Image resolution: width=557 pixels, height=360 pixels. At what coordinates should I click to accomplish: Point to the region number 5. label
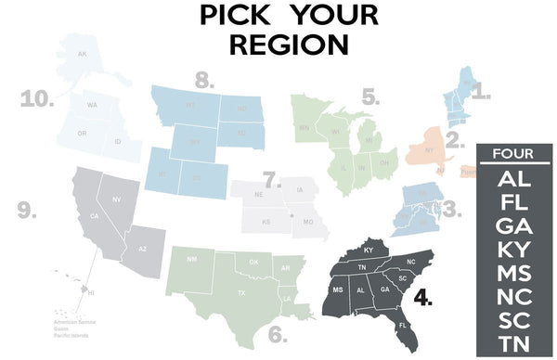(370, 96)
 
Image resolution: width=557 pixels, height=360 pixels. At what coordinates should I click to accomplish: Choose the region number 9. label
(28, 211)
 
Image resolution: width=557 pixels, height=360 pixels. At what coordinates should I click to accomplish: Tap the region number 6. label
(277, 331)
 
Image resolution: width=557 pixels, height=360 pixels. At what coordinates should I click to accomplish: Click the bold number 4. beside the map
(424, 300)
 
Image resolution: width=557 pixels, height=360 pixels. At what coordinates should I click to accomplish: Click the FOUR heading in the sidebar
(513, 154)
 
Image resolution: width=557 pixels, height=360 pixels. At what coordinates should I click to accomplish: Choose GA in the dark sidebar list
(513, 225)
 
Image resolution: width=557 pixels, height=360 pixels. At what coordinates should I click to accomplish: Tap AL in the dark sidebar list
(513, 177)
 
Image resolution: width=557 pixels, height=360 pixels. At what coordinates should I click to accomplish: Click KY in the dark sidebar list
(513, 250)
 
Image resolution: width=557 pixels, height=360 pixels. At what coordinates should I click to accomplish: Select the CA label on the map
(93, 216)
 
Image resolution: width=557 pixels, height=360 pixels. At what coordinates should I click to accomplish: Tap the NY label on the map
(429, 149)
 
